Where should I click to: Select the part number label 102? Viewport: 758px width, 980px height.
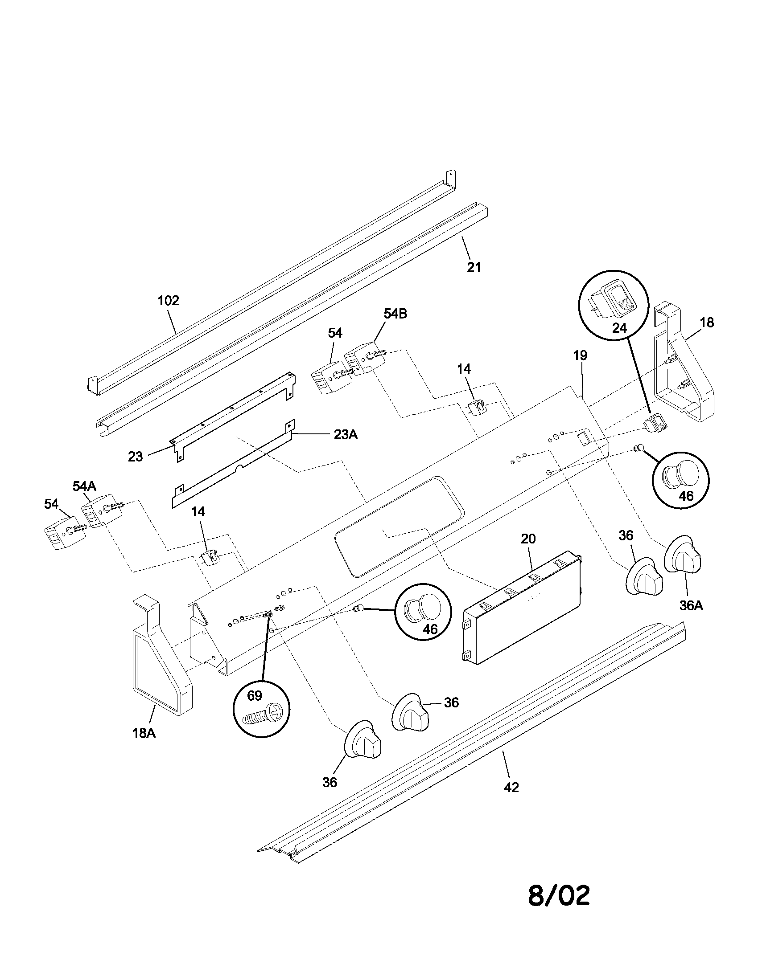point(169,301)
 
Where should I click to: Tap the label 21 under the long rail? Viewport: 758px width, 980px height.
point(473,267)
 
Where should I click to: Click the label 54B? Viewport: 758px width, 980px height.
point(395,314)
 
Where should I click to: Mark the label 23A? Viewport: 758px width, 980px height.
point(345,435)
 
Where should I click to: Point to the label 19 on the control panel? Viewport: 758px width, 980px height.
point(580,356)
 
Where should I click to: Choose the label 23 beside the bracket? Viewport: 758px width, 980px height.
point(135,457)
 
